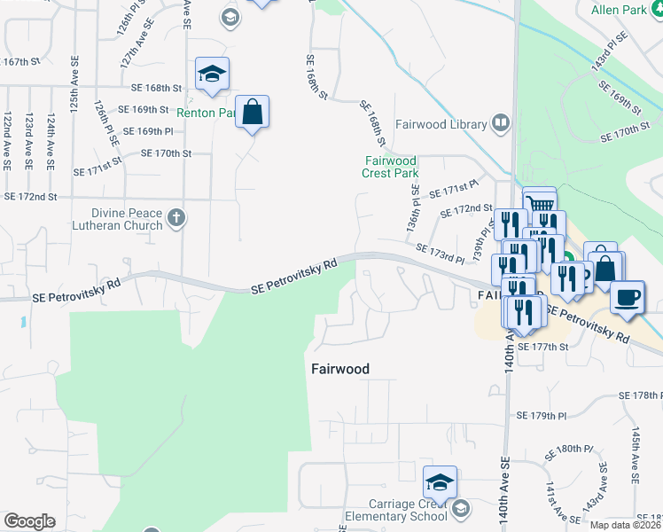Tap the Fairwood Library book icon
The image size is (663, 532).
501,124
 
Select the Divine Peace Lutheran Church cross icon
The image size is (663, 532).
175,217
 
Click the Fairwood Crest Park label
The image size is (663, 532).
390,167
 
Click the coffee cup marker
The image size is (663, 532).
628,297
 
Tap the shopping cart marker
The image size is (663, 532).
540,203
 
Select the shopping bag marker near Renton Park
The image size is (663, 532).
253,113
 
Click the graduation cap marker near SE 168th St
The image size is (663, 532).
212,74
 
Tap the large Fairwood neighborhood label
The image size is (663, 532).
339,368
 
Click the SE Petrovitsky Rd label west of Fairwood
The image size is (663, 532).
294,277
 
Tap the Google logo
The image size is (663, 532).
29,521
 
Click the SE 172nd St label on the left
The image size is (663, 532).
30,195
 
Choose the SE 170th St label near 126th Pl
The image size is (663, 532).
167,153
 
